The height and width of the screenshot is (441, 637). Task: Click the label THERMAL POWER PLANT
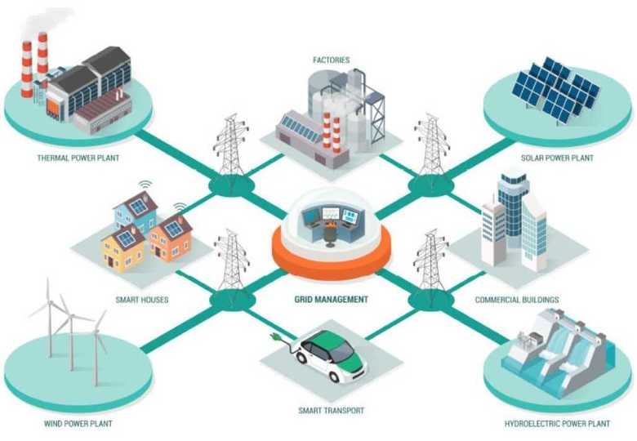78,158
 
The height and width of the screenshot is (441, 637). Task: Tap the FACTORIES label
331,60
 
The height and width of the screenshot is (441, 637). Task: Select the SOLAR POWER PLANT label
557,158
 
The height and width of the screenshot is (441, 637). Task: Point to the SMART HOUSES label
142,300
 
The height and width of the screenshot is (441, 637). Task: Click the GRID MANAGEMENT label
331,299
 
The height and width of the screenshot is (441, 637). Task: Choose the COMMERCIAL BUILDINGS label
517,300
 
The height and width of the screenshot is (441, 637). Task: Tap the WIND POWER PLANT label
78,424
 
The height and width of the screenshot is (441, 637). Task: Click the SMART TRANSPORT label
331,411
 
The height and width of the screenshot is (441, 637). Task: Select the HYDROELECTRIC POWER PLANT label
557,424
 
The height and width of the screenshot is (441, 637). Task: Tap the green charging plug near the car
275,336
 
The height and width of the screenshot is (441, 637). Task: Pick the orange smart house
171,238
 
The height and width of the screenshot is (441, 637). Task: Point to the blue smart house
136,212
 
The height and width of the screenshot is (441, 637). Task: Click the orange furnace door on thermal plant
54,109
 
